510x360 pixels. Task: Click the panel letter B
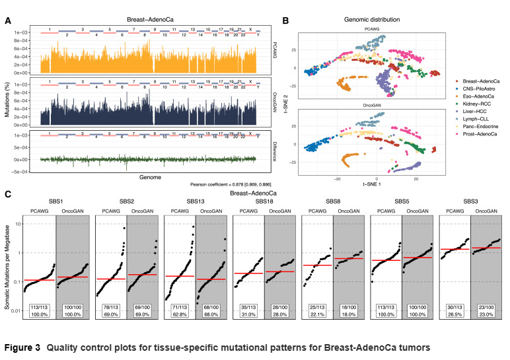click(285, 20)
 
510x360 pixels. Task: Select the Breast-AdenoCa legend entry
click(482, 79)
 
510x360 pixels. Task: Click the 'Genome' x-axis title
click(149, 177)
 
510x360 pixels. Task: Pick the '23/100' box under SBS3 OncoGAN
click(488, 308)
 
